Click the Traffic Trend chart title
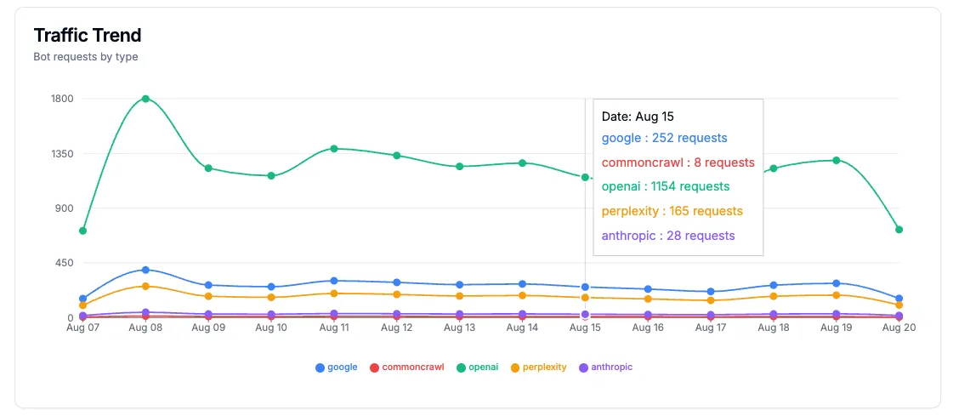[88, 35]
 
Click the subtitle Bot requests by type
[86, 57]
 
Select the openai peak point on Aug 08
[145, 99]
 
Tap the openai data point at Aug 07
[82, 231]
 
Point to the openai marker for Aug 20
[899, 230]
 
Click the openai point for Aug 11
[334, 148]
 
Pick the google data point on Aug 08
[145, 270]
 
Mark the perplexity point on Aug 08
[145, 286]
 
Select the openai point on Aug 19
[836, 160]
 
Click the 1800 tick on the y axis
[63, 99]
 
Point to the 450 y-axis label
[65, 263]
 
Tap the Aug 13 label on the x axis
[459, 328]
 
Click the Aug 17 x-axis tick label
[710, 328]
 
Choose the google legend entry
[337, 368]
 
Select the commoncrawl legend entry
[406, 368]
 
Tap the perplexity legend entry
[538, 368]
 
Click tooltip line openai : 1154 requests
[665, 186]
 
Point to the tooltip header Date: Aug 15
[638, 117]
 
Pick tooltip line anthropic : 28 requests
[667, 236]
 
